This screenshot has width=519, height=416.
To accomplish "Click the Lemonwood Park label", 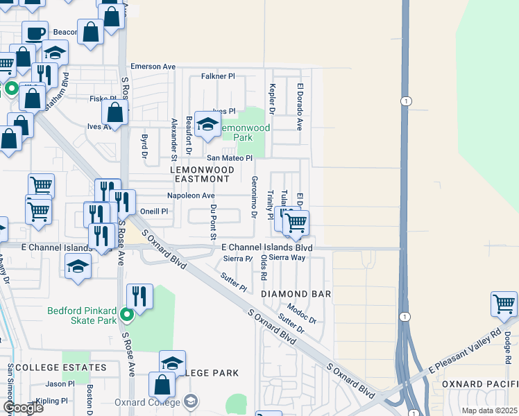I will [x=244, y=132].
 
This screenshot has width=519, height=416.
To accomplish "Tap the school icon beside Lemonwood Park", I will [x=207, y=124].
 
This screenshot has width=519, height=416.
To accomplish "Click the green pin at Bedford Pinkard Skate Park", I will [x=126, y=315].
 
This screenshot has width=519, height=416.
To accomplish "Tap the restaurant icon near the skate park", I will [x=139, y=297].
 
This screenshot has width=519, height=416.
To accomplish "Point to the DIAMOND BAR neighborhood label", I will [x=296, y=294].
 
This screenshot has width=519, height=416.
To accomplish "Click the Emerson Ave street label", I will [x=153, y=67].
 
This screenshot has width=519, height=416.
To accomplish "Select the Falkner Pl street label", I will [x=218, y=76].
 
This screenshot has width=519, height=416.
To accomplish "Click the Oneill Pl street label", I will [x=154, y=211].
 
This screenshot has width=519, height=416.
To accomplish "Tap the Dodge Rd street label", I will [x=507, y=343].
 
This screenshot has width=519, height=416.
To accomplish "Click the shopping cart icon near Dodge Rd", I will [x=504, y=304].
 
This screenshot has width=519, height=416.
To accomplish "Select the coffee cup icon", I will [x=35, y=33].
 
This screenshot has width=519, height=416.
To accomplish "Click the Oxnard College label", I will [x=153, y=401].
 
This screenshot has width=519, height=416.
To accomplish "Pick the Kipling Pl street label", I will [x=52, y=401].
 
